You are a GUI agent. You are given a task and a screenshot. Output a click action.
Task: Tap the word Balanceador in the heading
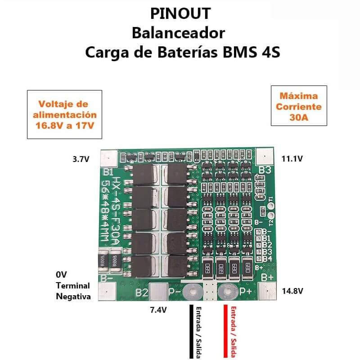[178, 33]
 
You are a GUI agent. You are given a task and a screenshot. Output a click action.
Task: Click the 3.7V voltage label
[81, 159]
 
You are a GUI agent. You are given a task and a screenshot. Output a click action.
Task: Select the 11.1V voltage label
[292, 158]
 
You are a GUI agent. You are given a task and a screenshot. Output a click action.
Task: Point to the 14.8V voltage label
[292, 291]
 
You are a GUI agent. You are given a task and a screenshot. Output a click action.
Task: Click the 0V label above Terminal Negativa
[61, 274]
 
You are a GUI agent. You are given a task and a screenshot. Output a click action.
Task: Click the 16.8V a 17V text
[64, 126]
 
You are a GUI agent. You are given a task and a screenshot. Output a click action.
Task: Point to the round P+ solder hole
[227, 292]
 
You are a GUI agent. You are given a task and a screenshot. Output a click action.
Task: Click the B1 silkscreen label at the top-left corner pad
[108, 171]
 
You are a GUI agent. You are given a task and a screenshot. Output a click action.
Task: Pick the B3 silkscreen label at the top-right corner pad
[265, 171]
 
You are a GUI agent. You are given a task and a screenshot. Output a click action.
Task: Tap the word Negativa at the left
[73, 297]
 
